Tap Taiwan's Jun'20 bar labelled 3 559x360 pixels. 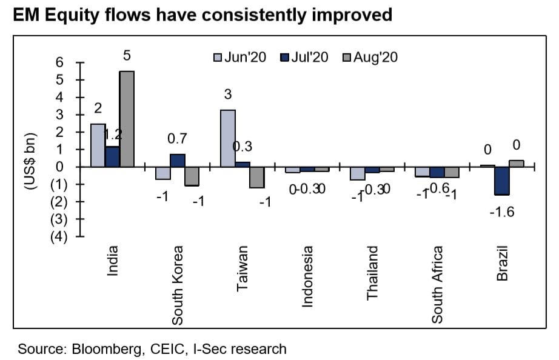coord(227,138)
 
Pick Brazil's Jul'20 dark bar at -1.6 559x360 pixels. coord(501,181)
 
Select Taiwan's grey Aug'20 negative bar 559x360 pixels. coord(256,177)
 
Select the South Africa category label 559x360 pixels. coord(438,285)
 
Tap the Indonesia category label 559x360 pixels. coord(307,276)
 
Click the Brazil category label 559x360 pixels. coord(502,264)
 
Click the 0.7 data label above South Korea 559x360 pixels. coord(176,139)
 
